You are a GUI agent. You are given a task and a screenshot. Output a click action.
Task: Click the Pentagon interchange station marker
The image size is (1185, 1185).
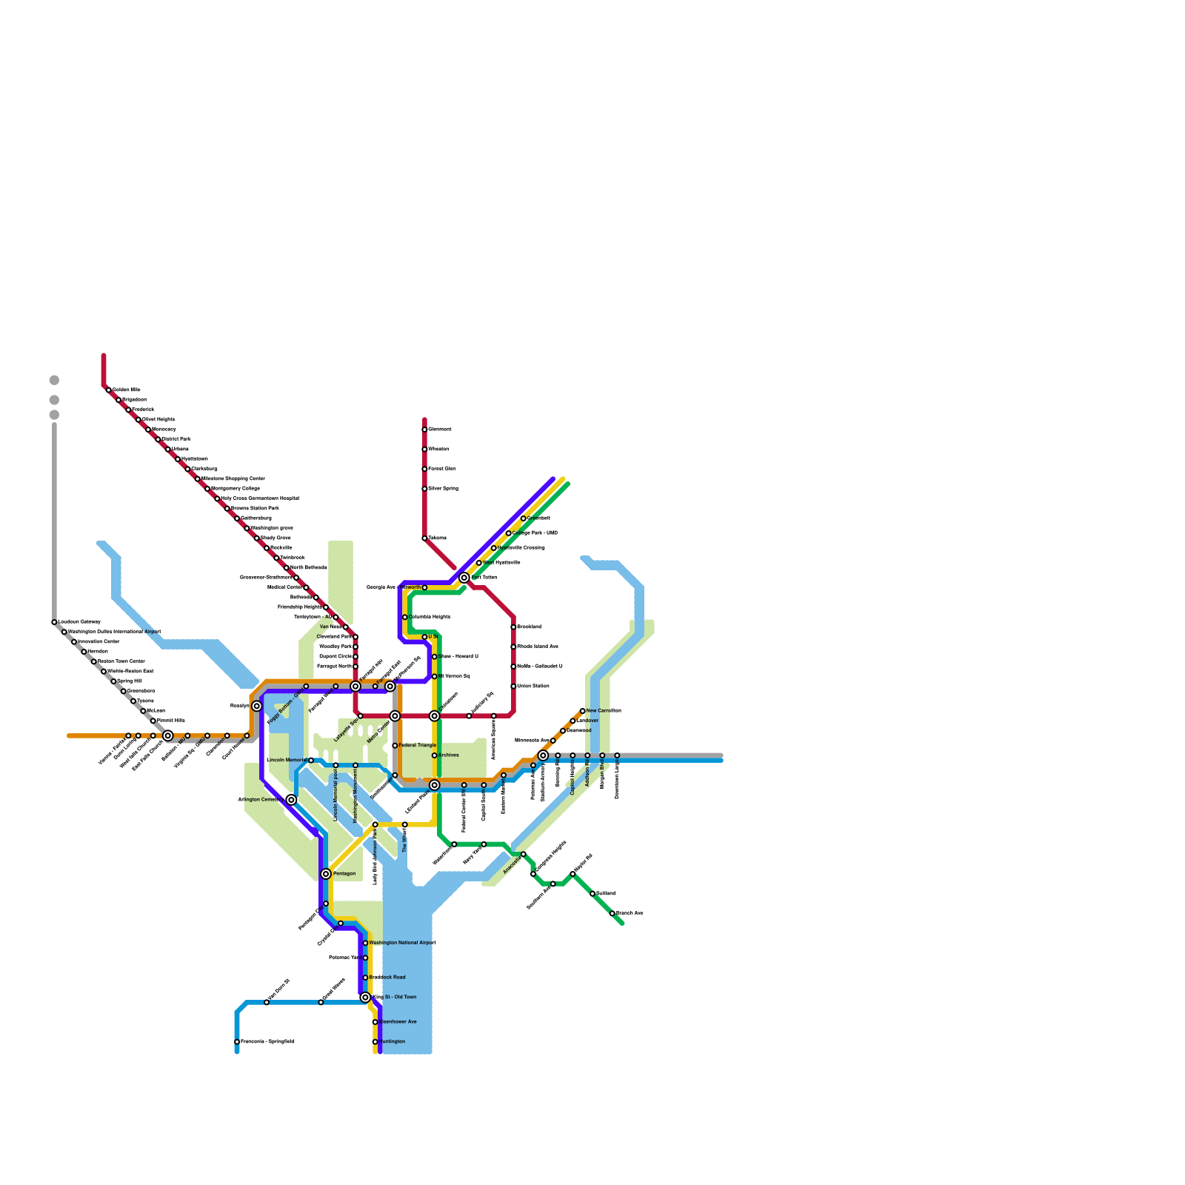326,874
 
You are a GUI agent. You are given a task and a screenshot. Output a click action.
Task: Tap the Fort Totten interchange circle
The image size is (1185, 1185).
464,578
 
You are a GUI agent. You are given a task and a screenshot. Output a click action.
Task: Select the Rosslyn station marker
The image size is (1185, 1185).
257,706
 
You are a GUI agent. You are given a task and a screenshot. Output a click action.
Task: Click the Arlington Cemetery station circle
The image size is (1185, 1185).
292,800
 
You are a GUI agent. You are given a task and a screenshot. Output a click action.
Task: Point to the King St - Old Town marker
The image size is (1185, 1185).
366,998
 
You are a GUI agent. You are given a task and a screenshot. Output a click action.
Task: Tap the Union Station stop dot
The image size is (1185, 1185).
513,687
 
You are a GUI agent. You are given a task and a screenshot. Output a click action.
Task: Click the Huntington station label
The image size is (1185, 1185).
392,1042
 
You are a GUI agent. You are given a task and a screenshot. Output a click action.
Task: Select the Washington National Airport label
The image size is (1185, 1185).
402,943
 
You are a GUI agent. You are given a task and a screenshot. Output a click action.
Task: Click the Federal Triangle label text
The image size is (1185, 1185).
417,746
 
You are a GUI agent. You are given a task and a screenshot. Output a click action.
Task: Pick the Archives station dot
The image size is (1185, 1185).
435,755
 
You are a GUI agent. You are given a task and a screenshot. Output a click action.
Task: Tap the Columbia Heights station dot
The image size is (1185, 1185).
405,617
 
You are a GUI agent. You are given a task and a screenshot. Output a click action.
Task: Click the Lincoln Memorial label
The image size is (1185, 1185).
286,761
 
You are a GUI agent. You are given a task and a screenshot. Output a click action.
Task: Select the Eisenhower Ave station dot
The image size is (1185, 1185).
375,1022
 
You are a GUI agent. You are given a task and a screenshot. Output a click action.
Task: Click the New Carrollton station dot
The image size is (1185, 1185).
583,711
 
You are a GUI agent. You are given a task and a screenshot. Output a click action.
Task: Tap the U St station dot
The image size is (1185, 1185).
424,637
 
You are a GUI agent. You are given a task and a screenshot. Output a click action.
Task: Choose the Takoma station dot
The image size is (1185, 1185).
424,538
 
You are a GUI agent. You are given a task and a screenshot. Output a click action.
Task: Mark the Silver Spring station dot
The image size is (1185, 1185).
424,489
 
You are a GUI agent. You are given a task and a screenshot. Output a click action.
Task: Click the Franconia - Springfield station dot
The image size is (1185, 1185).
237,1042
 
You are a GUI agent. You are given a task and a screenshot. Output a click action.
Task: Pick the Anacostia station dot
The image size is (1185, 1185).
524,855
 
